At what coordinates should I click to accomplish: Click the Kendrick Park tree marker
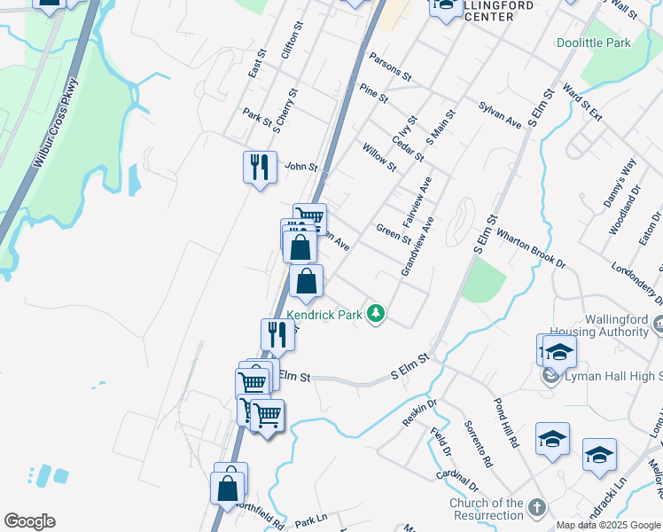(377, 314)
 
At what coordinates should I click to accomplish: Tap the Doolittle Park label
(593, 43)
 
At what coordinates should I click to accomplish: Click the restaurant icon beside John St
(259, 167)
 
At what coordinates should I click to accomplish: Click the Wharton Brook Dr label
(530, 248)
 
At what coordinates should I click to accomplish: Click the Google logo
(29, 521)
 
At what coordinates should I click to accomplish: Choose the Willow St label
(378, 157)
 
